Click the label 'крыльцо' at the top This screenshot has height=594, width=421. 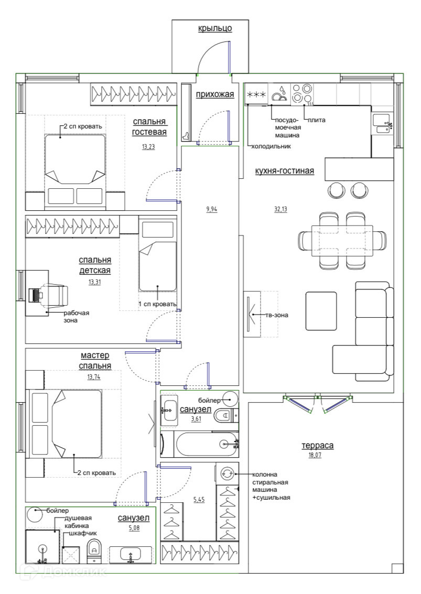point(215,28)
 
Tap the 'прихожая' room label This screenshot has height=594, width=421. point(215,94)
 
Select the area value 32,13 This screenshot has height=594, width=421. point(281,209)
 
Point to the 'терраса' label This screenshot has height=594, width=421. point(317,446)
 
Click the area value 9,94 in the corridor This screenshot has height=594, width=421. point(212,209)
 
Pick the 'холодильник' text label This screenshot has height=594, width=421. point(271,146)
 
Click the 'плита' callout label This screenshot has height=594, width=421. point(316,120)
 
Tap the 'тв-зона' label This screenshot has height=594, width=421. point(277,315)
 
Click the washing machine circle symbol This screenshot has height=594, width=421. point(228,472)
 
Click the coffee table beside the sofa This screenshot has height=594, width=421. point(321,311)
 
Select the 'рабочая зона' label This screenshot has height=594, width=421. point(76,317)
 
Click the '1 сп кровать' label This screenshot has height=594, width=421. point(157,304)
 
